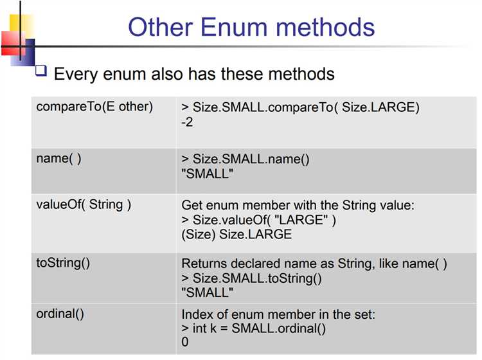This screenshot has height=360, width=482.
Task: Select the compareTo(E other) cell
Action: pos(95,107)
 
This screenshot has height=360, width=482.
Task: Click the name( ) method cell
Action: pos(59,159)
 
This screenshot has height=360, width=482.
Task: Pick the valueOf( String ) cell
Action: pos(84,205)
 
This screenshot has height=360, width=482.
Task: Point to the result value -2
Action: pos(187,122)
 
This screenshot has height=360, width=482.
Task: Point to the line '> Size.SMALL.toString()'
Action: pos(251,278)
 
